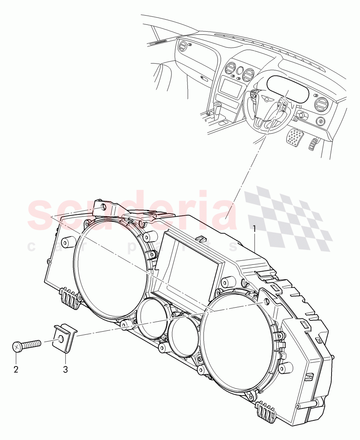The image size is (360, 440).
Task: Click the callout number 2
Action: pyautogui.click(x=16, y=369)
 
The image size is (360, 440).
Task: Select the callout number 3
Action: pyautogui.click(x=65, y=369)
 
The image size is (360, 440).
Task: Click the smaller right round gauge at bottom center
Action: pyautogui.click(x=182, y=332)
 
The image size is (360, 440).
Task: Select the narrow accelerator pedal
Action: pyautogui.click(x=314, y=144)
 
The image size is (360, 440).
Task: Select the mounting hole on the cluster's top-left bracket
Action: pyautogui.click(x=104, y=207)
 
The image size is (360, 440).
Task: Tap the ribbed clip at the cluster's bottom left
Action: pyautogui.click(x=69, y=298)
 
